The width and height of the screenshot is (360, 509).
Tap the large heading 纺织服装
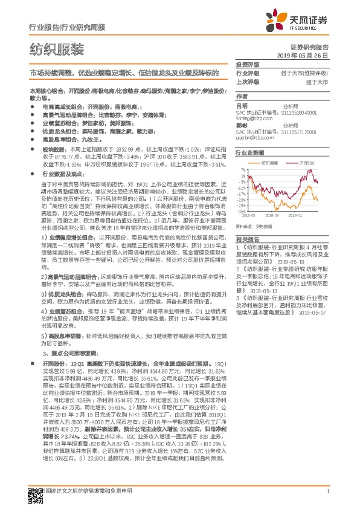point(57,49)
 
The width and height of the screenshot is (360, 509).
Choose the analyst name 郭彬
point(242,125)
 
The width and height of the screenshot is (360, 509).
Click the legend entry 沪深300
point(302,163)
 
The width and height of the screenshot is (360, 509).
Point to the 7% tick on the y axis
point(242,170)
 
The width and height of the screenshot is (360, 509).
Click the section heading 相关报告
point(248,239)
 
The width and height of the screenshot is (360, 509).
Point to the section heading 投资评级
point(248,63)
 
